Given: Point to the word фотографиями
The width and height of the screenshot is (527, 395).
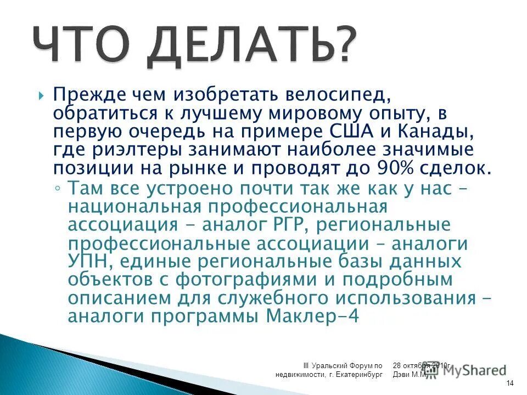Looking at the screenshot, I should click(x=248, y=280).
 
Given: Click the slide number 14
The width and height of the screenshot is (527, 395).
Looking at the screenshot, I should click(x=510, y=382).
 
